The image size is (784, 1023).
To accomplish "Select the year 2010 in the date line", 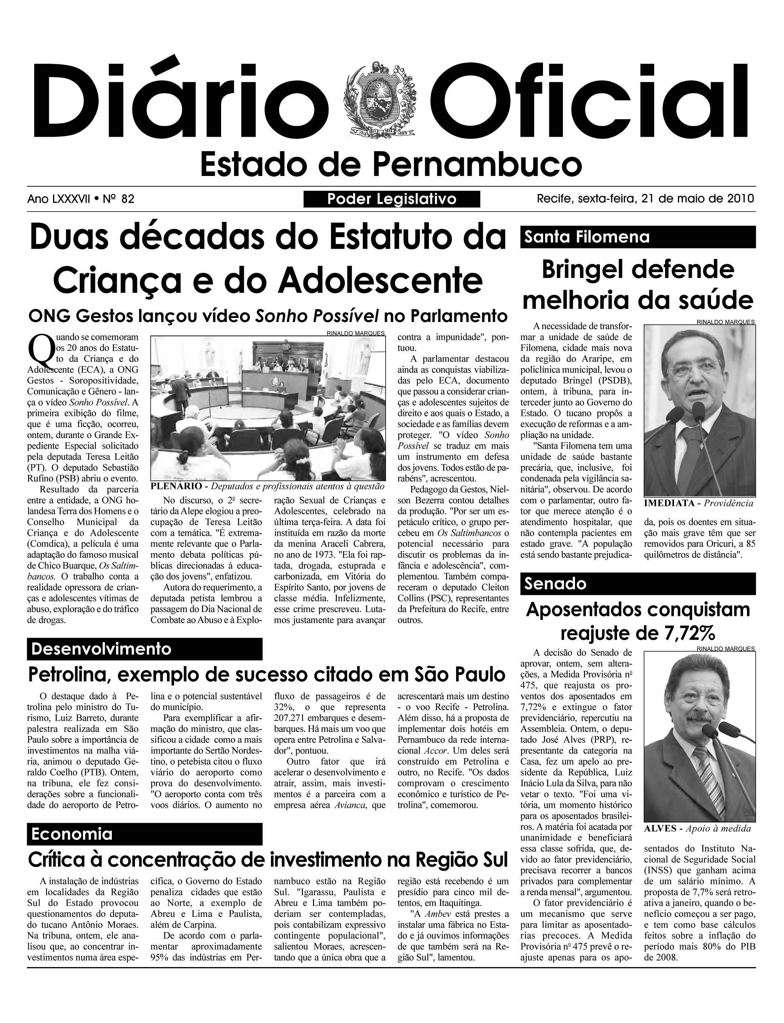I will pos(741,199).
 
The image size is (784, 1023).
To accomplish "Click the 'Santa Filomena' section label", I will pos(587,237).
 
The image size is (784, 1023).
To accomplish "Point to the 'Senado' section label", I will pos(555,584).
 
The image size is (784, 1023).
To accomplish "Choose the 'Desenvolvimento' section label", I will pos(101,649).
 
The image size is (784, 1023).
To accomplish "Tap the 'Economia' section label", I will pos(72,834).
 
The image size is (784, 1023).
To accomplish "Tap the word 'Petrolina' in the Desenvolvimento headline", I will pos(67,675).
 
